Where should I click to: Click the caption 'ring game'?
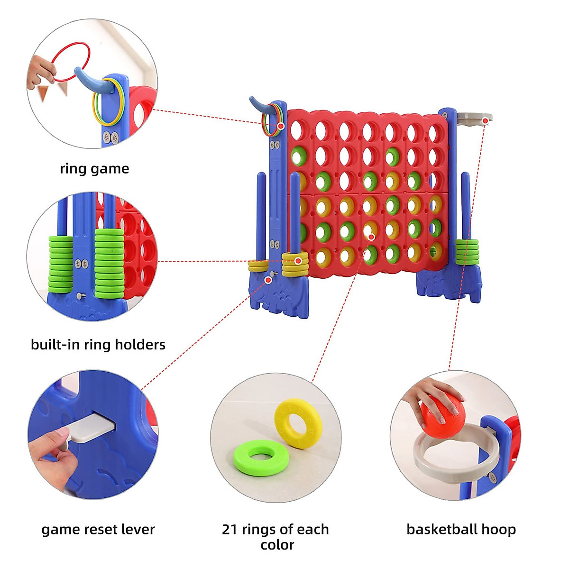[x=94, y=169]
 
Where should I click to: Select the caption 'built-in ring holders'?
[x=98, y=344]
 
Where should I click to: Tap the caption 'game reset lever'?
[x=98, y=529]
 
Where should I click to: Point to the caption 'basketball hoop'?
[x=461, y=529]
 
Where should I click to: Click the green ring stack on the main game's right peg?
[x=467, y=251]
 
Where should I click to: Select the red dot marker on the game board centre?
[x=371, y=237]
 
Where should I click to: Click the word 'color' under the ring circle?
[x=277, y=545]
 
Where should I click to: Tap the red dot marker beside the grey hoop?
[x=485, y=121]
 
